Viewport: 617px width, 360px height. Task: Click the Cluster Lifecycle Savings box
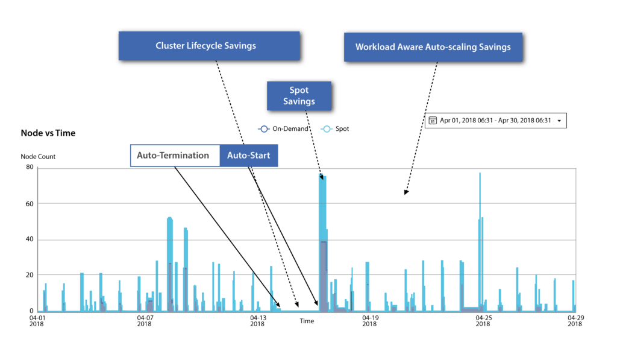tap(209, 46)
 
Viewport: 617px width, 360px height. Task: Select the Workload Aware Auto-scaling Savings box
tap(433, 47)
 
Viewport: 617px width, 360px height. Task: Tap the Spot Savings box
tap(299, 96)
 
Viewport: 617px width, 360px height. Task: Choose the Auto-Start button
tap(249, 156)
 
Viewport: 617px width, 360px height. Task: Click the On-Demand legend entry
tap(283, 129)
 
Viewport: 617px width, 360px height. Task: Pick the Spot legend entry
tap(335, 129)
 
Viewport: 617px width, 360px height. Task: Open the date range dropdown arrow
tap(559, 121)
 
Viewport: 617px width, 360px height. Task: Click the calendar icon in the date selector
tap(433, 121)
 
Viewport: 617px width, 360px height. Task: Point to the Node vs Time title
tap(48, 133)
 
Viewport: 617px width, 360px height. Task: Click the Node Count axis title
tap(38, 156)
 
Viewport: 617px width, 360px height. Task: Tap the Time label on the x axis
tap(307, 321)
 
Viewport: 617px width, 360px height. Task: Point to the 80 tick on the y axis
tap(30, 167)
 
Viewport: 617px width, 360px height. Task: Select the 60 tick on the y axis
tap(30, 204)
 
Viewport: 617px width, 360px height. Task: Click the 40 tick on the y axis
tap(30, 239)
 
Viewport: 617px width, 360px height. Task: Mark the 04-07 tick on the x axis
tap(145, 321)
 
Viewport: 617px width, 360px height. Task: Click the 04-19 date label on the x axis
tap(370, 321)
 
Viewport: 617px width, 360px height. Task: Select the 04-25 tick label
tap(483, 321)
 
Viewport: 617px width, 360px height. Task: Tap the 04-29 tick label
tap(575, 321)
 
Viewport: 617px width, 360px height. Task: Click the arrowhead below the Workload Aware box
tap(406, 192)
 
